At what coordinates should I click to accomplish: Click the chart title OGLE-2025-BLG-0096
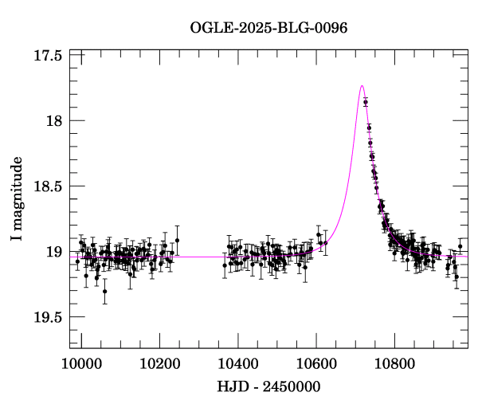(268, 28)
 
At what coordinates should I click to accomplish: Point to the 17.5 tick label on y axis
(49, 56)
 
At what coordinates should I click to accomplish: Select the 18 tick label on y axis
(55, 121)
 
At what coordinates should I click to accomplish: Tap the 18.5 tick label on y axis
(49, 186)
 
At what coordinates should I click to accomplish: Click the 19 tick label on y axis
(55, 252)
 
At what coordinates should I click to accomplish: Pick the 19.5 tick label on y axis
(49, 317)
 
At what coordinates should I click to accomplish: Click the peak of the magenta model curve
(362, 85)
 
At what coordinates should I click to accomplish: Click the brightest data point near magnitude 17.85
(366, 102)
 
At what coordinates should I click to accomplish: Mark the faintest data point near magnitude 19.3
(104, 291)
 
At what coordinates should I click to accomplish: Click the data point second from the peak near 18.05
(369, 127)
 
